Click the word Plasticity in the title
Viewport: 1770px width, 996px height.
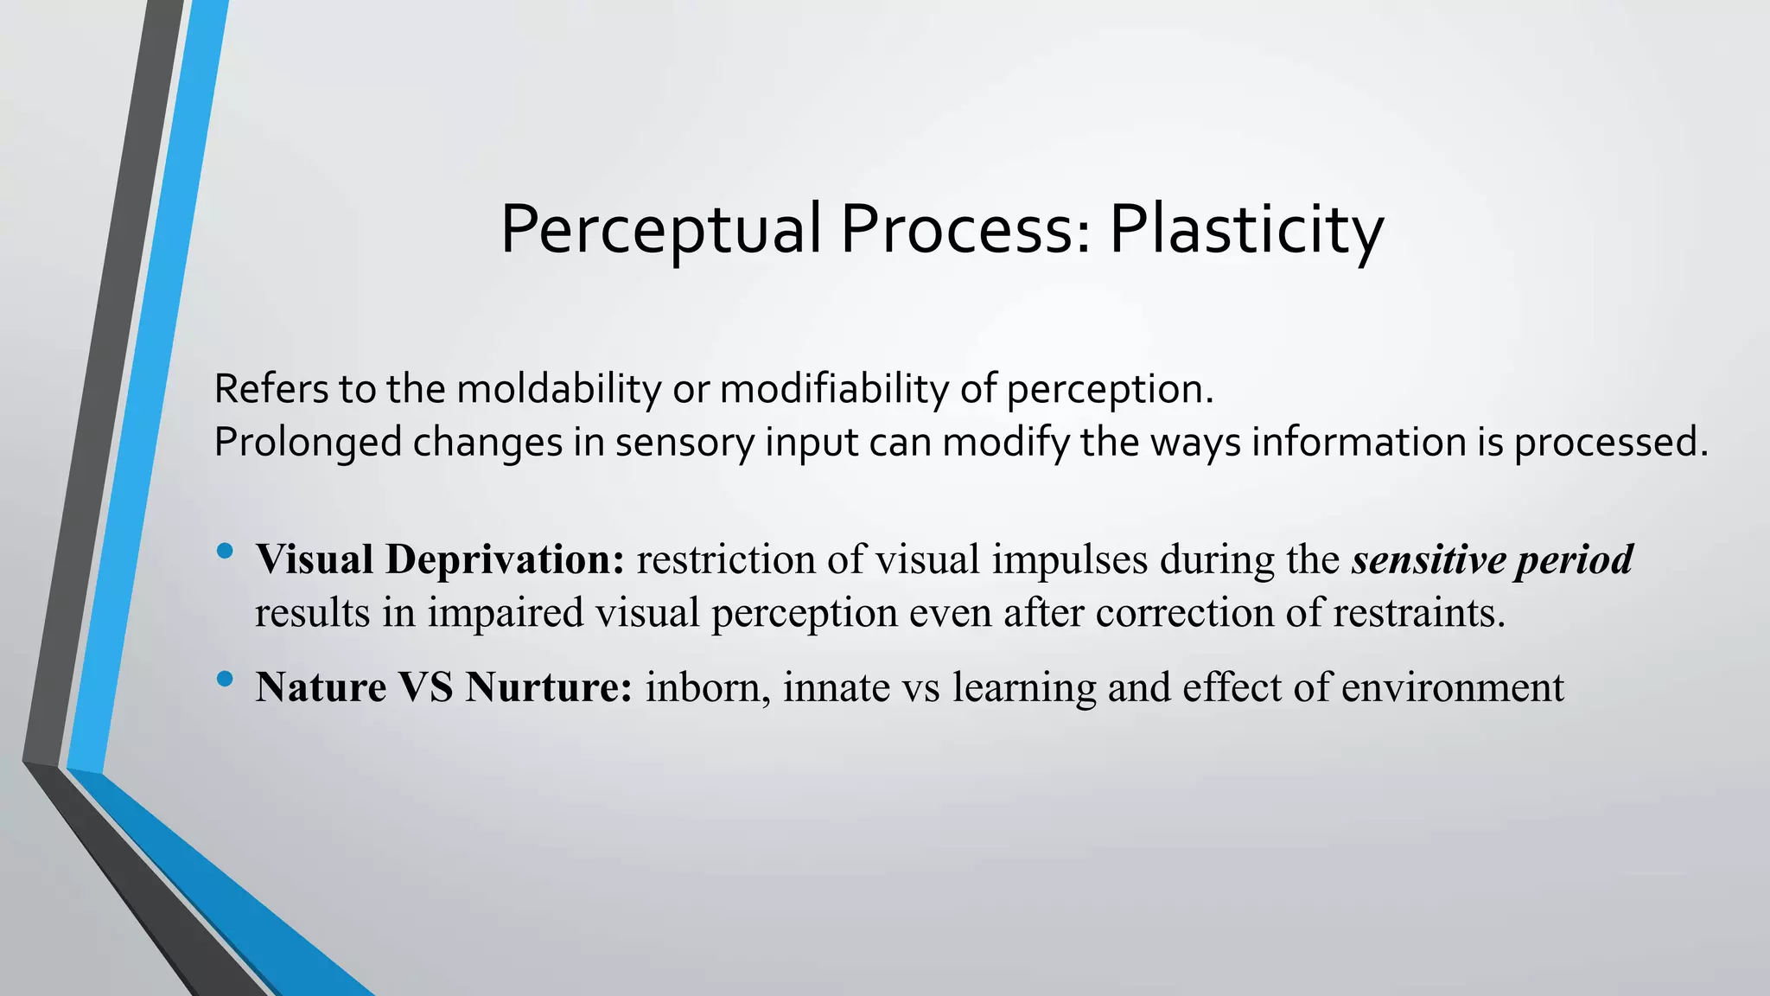click(1245, 230)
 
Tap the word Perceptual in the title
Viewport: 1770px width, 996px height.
click(660, 230)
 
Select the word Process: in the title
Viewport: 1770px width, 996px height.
click(965, 230)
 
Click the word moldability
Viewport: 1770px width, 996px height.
click(558, 389)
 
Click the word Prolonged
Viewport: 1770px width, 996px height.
click(308, 443)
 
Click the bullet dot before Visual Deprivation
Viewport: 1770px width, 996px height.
click(226, 550)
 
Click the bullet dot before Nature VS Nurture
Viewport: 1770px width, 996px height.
click(226, 680)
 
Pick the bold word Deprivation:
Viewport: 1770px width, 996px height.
click(506, 559)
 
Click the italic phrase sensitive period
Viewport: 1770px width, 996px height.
click(1493, 559)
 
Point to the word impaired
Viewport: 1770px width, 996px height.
click(506, 612)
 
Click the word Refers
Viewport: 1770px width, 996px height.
click(271, 389)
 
